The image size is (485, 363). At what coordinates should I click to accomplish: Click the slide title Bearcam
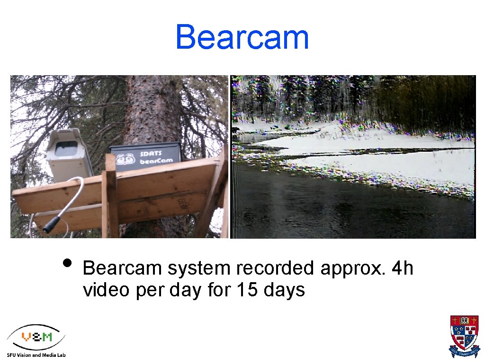coord(242,37)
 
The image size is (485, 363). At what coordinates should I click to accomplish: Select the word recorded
coord(275,268)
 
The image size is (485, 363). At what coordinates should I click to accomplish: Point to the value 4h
coord(403,268)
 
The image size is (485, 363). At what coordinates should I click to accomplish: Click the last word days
coord(284,290)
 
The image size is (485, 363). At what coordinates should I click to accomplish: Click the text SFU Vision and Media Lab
coord(36,354)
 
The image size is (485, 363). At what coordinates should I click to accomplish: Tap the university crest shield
coord(464,333)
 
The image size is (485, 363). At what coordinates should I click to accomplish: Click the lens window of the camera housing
coord(67,147)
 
